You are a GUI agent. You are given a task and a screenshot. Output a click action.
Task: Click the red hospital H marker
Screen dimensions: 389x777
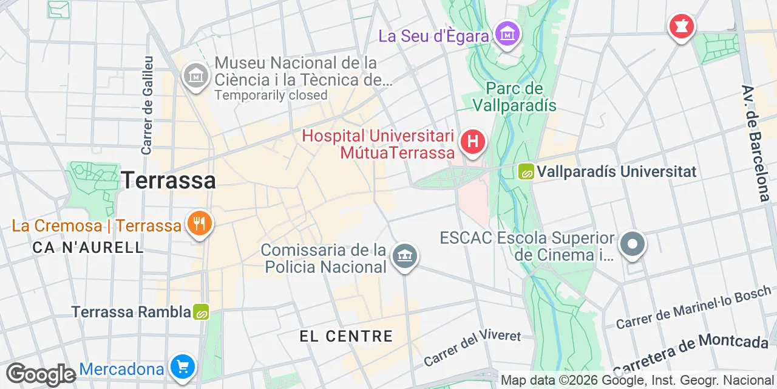click(473, 143)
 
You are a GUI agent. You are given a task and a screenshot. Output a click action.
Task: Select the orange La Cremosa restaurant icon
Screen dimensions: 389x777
click(198, 224)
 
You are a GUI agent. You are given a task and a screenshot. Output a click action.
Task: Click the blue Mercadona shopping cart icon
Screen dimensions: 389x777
click(183, 367)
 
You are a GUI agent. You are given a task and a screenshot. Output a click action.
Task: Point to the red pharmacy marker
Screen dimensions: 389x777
click(681, 26)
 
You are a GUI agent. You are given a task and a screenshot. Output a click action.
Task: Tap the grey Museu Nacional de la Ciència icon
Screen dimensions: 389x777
click(196, 77)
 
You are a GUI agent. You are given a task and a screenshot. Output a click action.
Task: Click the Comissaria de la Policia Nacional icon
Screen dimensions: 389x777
click(404, 256)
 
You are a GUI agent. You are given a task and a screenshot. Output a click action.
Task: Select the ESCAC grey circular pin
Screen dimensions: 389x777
click(633, 244)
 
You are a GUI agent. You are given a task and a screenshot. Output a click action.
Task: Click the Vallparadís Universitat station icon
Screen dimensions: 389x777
click(526, 172)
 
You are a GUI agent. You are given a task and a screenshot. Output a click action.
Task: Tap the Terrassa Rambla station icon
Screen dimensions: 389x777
click(201, 312)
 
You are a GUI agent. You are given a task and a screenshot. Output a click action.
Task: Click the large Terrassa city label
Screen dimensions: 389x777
click(168, 181)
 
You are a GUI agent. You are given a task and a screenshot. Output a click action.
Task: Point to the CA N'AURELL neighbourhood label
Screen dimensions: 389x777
click(88, 247)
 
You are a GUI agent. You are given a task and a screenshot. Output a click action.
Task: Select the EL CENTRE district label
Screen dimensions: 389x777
click(346, 336)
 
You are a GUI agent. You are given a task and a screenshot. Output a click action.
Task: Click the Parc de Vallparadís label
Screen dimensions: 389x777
click(514, 97)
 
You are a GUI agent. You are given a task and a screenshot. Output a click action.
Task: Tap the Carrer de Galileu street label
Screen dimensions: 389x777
click(148, 105)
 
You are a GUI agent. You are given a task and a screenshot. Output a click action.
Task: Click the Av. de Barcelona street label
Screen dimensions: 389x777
click(756, 143)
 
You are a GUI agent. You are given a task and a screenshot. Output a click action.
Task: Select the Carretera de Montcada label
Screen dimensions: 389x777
click(691, 353)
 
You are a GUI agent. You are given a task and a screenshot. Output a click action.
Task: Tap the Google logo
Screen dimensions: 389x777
click(41, 374)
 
